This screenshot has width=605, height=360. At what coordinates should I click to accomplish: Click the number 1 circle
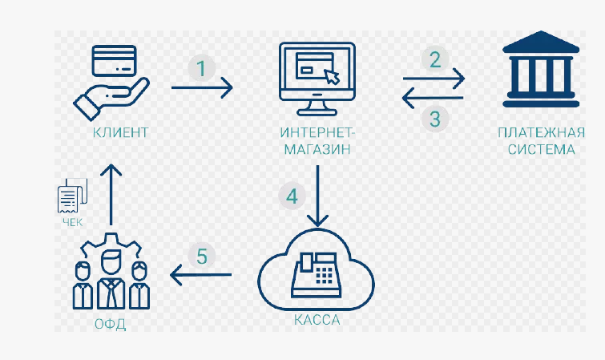pos(201,68)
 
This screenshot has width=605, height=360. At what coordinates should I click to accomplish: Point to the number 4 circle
pos(292,196)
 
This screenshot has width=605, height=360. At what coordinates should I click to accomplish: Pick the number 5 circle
pos(202,257)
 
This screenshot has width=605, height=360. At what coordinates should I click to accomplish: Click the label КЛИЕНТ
pos(120,132)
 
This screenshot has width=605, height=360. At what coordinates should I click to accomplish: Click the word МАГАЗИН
pos(317,150)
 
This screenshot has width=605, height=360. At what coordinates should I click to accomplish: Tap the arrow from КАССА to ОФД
pos(200,277)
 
